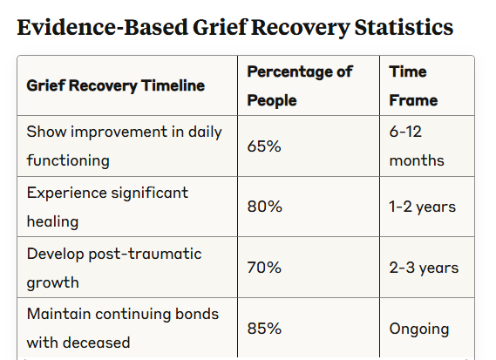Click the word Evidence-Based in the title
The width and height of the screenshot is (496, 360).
[103, 27]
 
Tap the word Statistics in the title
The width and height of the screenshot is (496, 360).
[404, 27]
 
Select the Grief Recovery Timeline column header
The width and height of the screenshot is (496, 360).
[116, 85]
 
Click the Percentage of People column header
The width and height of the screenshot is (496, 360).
[300, 85]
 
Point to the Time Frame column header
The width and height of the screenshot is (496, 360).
[413, 85]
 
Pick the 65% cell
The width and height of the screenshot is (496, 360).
[264, 146]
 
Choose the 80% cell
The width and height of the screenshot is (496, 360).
[264, 207]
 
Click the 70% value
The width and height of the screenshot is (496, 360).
[264, 268]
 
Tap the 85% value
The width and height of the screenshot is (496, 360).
[264, 328]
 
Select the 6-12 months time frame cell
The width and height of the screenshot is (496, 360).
[417, 146]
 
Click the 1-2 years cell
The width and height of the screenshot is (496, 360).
[422, 207]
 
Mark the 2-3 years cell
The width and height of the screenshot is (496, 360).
[424, 268]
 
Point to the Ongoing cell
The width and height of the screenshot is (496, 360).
[419, 329]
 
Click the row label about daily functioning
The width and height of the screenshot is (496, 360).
[125, 146]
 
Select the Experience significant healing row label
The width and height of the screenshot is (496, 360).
[107, 207]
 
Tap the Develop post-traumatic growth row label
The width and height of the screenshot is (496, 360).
[114, 268]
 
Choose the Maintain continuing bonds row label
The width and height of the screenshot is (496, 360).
[123, 328]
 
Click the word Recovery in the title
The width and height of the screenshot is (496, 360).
[300, 28]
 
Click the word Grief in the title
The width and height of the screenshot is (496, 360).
[220, 27]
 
